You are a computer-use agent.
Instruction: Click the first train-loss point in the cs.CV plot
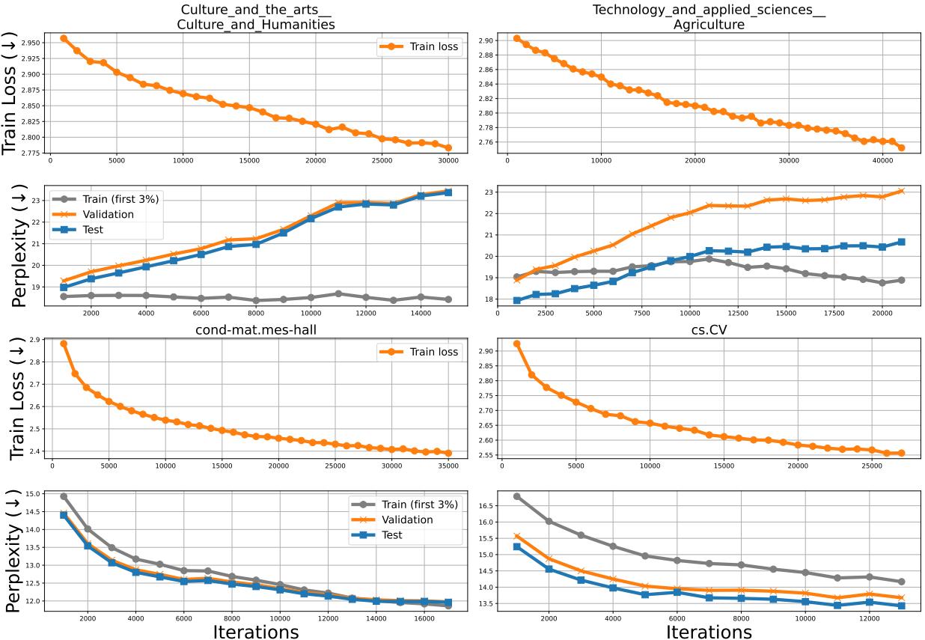tap(516, 344)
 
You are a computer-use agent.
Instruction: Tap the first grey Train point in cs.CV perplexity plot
tap(516, 496)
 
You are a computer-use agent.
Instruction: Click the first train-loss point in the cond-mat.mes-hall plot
tap(64, 344)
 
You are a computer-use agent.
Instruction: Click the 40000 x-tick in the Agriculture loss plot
tap(882, 160)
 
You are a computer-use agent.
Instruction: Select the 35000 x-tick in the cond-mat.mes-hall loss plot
tap(448, 465)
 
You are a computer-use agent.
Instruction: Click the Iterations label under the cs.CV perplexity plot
tap(708, 631)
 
